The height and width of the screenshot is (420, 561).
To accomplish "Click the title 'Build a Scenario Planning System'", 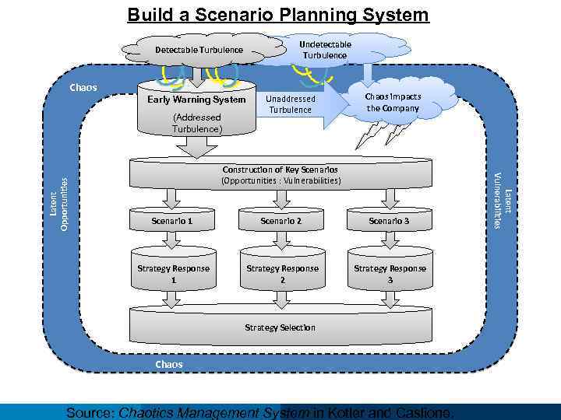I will [x=278, y=15].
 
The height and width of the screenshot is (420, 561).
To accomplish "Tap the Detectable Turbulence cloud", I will [x=199, y=51].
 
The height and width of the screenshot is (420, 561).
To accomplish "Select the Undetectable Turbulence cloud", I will [x=325, y=50].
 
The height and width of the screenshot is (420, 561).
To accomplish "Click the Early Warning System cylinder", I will [x=197, y=109].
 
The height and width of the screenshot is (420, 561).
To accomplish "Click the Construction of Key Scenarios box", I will [x=280, y=176].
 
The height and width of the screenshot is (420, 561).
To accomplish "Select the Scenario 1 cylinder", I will [x=173, y=222].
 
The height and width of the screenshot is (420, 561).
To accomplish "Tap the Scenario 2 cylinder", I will [x=281, y=222].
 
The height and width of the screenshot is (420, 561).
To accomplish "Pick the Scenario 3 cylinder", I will [x=389, y=222].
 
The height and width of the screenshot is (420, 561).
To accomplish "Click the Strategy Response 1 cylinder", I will [x=173, y=272].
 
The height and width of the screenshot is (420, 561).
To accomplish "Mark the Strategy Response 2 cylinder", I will [x=282, y=272].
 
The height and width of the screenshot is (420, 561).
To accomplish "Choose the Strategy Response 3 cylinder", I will [x=390, y=272].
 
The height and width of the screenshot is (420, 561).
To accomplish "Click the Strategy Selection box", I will [x=280, y=327].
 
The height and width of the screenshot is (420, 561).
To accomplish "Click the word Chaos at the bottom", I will [x=169, y=364].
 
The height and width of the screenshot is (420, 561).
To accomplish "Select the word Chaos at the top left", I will [x=83, y=87].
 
